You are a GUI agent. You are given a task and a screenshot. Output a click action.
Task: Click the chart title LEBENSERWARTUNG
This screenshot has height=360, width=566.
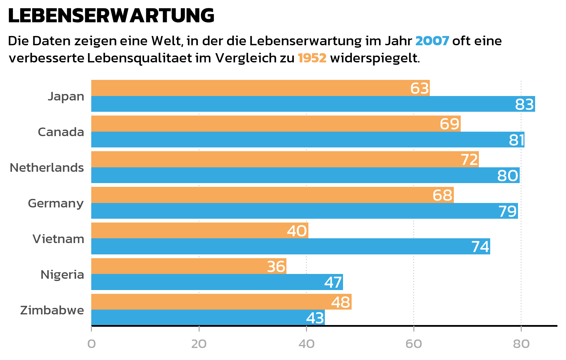coord(111,16)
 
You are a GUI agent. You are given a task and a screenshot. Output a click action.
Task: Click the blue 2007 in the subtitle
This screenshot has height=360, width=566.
coord(432,41)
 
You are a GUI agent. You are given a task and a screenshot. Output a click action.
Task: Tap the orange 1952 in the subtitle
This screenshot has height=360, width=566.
coord(312,58)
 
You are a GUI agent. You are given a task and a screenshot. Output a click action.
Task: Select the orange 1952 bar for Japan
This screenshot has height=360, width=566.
coord(250,88)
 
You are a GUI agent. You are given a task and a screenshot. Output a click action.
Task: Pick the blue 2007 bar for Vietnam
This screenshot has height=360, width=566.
coord(281,247)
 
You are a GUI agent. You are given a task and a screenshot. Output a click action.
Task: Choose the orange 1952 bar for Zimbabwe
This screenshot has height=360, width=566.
coord(213,302)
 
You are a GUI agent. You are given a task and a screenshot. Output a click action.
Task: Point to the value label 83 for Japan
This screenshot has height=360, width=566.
coord(524,104)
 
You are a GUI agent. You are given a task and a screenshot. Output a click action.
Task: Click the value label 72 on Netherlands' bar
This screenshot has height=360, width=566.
coord(469,160)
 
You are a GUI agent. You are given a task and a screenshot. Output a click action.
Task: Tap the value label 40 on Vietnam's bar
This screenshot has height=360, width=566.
coord(297,231)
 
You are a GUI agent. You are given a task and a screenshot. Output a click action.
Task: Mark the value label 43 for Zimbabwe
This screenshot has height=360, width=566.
coord(315,318)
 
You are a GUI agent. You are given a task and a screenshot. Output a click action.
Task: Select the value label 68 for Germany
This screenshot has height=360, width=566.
coord(442,195)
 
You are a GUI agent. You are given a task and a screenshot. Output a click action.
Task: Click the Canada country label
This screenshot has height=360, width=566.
coord(61,132)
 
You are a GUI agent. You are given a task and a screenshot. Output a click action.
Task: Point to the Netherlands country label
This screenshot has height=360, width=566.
coord(47,168)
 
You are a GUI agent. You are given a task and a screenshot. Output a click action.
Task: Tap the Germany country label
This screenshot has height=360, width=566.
coord(56,203)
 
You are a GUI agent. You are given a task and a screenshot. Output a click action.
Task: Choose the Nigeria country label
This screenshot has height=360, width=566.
coord(62,275)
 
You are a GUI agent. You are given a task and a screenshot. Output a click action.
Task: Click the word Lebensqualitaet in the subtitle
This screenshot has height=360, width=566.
coord(139,58)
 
